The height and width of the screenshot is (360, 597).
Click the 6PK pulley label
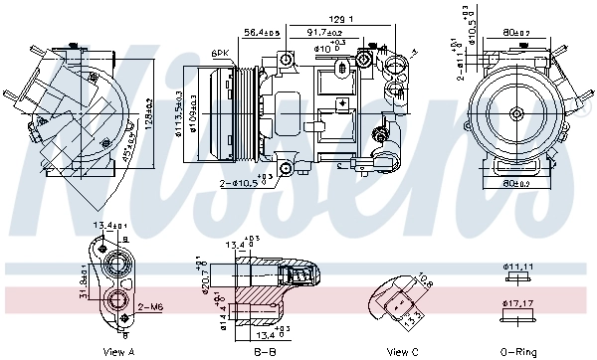tap(219, 53)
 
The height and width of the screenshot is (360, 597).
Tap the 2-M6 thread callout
tap(151, 306)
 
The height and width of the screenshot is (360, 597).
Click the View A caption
tap(118, 351)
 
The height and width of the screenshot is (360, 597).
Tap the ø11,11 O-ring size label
tap(520, 268)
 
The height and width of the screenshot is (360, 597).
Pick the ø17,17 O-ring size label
tap(520, 302)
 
